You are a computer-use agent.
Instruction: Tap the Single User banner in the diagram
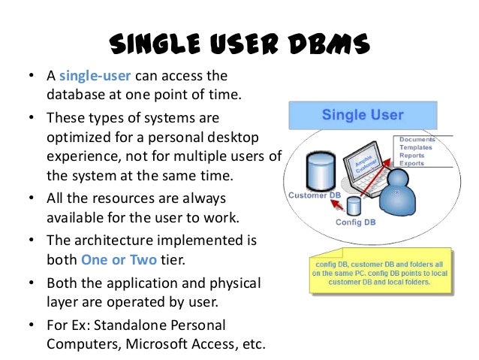363,115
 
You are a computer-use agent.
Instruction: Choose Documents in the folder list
420,140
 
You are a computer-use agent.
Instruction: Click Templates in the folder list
419,147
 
